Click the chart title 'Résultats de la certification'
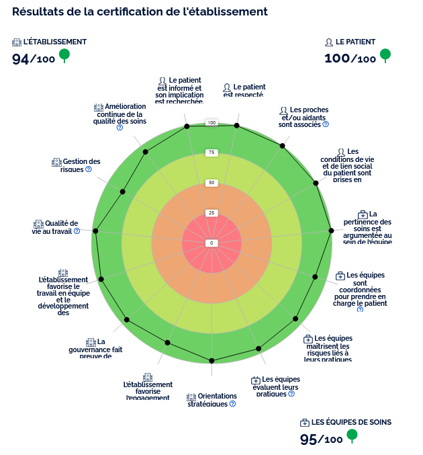pyautogui.click(x=140, y=12)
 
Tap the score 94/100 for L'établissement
pyautogui.click(x=34, y=59)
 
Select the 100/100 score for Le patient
pyautogui.click(x=350, y=58)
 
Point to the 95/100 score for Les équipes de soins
pyautogui.click(x=321, y=440)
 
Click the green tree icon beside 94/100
pyautogui.click(x=64, y=55)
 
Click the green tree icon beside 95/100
pyautogui.click(x=351, y=436)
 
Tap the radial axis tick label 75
pyautogui.click(x=211, y=153)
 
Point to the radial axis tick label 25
pyautogui.click(x=211, y=213)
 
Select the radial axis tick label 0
pyautogui.click(x=211, y=243)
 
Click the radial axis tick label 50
pyautogui.click(x=211, y=183)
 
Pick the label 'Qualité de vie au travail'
pyautogui.click(x=56, y=227)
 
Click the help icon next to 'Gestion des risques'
pyautogui.click(x=89, y=169)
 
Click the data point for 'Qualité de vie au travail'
pyautogui.click(x=95, y=231)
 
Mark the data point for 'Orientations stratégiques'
pyautogui.click(x=211, y=361)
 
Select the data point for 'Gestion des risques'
pyautogui.click(x=122, y=192)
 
